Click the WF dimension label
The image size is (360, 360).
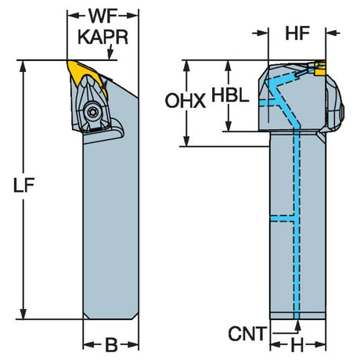point(103,16)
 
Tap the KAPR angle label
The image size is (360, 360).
point(103,37)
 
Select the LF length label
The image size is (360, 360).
point(23,185)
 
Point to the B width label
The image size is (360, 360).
point(111,345)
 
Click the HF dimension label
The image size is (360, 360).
point(297,34)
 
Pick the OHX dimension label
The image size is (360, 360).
point(185,101)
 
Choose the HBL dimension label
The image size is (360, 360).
point(230,95)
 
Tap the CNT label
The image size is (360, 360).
point(247,333)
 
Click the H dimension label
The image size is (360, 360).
point(297,346)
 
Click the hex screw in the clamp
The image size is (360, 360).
point(92,113)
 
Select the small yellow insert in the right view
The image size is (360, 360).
point(320,68)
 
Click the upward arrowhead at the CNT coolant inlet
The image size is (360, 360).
point(297,326)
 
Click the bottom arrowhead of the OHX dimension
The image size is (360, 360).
point(186,141)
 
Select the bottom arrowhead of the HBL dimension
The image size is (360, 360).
point(229,126)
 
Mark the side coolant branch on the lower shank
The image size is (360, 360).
point(283,218)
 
